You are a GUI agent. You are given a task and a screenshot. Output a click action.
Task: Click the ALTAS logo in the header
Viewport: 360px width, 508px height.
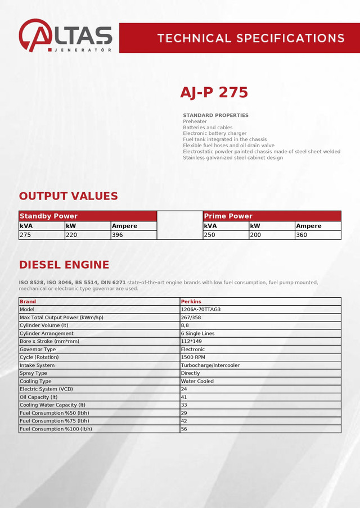click(65, 35)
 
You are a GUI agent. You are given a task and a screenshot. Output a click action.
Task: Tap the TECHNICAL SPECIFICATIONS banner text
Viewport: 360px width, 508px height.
click(250, 38)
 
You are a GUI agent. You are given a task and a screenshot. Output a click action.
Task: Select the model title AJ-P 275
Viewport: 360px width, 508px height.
click(214, 93)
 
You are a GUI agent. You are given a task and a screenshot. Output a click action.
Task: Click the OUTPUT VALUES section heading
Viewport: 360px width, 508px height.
click(68, 196)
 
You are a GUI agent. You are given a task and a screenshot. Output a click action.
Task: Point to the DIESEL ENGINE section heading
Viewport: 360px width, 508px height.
click(64, 265)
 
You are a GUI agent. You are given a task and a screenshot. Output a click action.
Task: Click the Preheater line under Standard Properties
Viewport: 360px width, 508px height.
click(195, 121)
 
